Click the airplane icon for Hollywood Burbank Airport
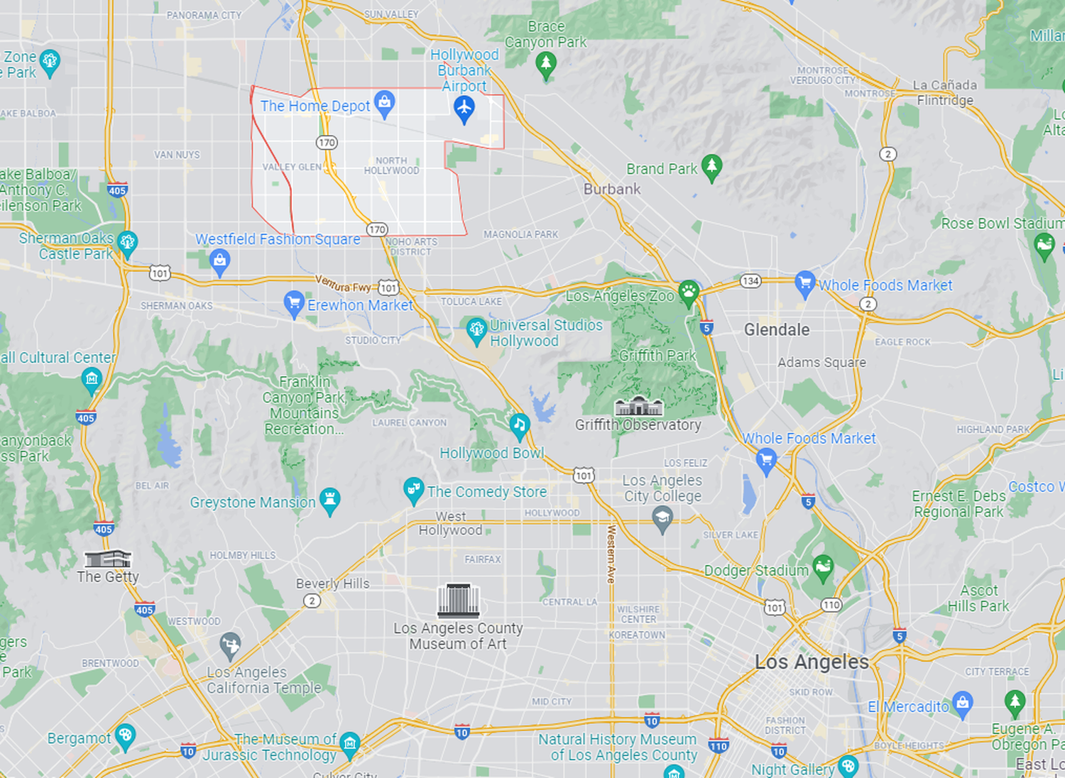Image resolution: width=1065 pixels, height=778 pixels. [x=464, y=109]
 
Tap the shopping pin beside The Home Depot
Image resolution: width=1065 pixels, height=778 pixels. [x=384, y=103]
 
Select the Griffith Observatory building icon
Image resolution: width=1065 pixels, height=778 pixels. [x=638, y=406]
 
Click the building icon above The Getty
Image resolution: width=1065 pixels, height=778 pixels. [x=108, y=558]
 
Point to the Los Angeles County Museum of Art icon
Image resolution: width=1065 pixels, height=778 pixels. [x=458, y=601]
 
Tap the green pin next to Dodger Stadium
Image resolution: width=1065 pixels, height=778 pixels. [x=823, y=567]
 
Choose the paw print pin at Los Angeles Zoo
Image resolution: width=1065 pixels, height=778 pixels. [x=688, y=292]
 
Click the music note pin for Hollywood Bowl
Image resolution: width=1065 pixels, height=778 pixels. [x=520, y=425]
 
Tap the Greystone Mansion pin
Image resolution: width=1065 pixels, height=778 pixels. [x=329, y=500]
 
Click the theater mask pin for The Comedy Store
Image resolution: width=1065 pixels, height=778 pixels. [x=413, y=489]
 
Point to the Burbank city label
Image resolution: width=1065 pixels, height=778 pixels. [x=612, y=190]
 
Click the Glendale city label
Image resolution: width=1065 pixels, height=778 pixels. [x=777, y=329]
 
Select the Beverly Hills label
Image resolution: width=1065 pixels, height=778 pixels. [x=333, y=583]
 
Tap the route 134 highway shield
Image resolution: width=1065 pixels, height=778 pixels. [x=750, y=280]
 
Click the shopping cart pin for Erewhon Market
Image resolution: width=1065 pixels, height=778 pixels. [x=294, y=303]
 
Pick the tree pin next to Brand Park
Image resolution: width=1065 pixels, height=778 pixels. [x=711, y=167]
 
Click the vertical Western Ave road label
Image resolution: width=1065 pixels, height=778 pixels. [x=611, y=554]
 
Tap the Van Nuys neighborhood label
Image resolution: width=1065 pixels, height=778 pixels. [x=177, y=155]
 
